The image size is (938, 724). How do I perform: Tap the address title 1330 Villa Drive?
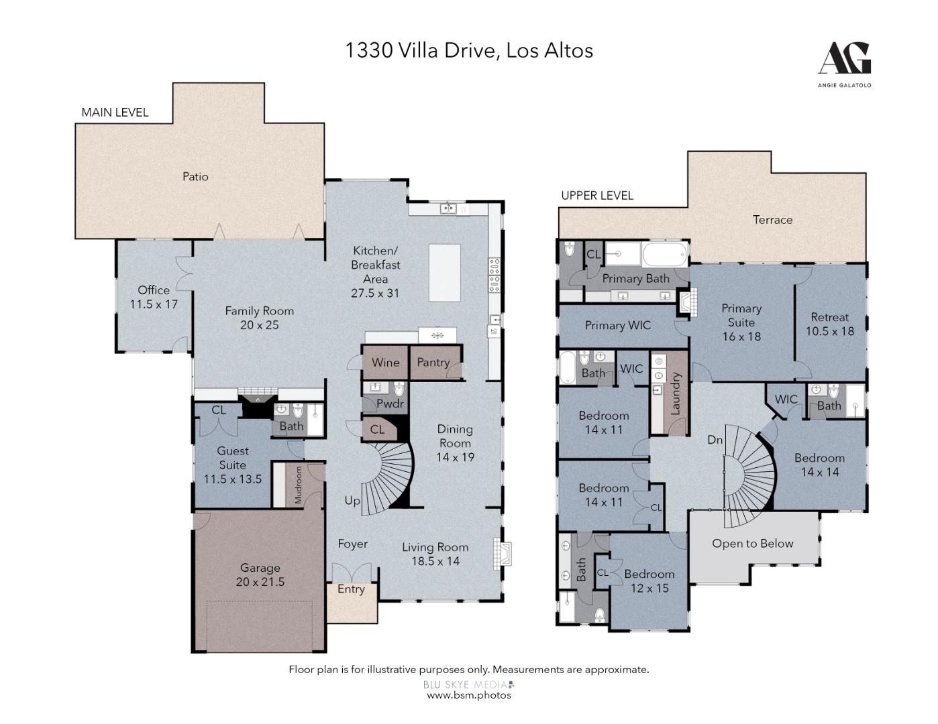469,50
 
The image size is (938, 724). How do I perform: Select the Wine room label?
385,363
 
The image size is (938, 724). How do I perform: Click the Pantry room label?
433,363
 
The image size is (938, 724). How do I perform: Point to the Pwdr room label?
390,404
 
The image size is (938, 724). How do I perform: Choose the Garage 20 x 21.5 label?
260,575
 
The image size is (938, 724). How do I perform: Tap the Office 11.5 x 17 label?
154,297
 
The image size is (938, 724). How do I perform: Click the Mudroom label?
299,485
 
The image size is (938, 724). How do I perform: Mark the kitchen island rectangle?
444,273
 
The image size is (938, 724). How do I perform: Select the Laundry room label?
676,394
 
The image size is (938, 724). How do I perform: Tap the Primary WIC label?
617,326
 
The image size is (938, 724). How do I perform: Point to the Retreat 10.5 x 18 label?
829,324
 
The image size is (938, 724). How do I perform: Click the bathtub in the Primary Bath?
664,254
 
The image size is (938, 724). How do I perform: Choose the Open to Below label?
752,544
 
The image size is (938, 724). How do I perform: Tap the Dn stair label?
715,440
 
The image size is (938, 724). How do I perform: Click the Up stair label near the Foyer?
352,501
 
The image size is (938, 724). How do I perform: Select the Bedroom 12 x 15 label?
649,581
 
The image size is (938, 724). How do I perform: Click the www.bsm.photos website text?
469,695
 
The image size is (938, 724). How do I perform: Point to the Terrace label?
772,220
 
